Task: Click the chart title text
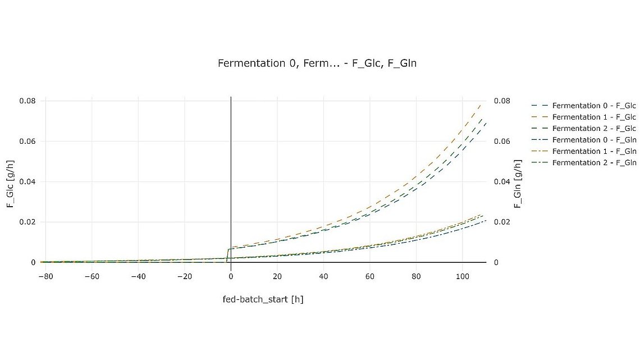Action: tap(317, 63)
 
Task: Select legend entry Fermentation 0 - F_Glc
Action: tap(593, 106)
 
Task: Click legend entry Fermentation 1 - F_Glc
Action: tap(593, 117)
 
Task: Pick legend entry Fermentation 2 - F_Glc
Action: tap(593, 129)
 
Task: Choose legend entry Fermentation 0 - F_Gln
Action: tap(593, 140)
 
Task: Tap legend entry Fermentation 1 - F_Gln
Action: tap(593, 151)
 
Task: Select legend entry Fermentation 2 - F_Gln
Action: tap(593, 163)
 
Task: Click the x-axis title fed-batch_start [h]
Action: tap(263, 299)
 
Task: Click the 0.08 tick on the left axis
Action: tap(28, 101)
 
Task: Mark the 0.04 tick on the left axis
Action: tap(28, 182)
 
